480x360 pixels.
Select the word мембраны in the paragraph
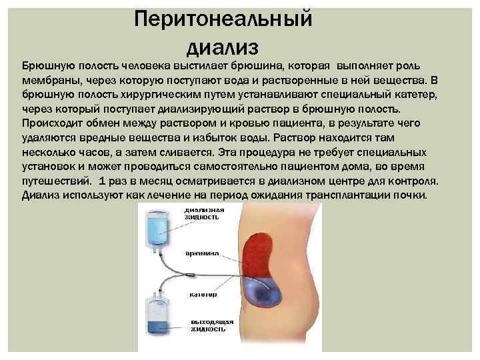[x=50, y=80]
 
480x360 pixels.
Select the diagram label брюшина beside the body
[x=203, y=255]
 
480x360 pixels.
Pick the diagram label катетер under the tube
[x=203, y=295]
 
